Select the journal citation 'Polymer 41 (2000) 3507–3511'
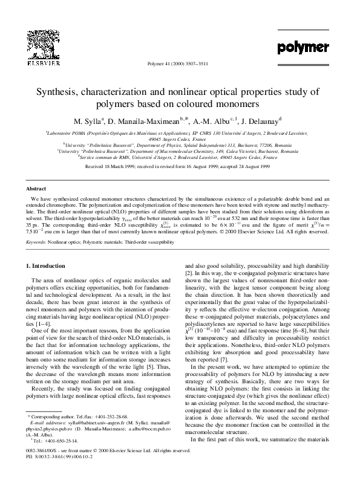[180, 62]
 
